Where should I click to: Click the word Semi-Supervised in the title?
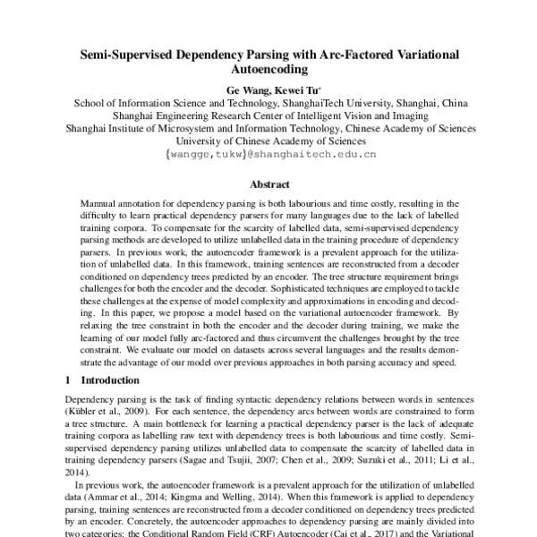(132, 55)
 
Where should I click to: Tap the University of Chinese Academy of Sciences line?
(268, 141)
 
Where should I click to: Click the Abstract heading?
(268, 184)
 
